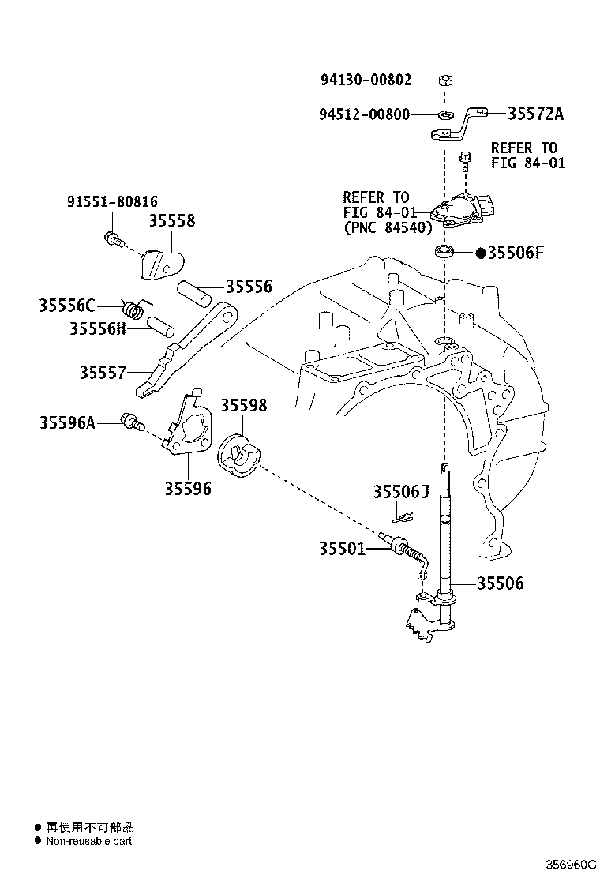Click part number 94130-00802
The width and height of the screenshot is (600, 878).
[366, 80]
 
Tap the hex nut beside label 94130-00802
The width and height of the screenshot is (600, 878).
[445, 80]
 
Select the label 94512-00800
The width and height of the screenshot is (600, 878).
[365, 114]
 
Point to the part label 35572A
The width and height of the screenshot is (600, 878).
[535, 114]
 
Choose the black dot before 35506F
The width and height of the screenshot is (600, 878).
[480, 253]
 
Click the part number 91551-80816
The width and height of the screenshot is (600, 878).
[112, 201]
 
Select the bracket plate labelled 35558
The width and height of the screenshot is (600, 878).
[161, 264]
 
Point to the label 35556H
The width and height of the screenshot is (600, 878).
[97, 328]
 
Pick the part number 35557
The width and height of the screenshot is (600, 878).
[103, 373]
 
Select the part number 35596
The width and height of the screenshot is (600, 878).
[188, 489]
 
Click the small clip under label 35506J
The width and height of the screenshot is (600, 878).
[402, 519]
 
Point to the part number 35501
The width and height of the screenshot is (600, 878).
[342, 549]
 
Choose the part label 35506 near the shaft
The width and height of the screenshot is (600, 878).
[501, 583]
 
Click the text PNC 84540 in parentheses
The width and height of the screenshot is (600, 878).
[388, 228]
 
